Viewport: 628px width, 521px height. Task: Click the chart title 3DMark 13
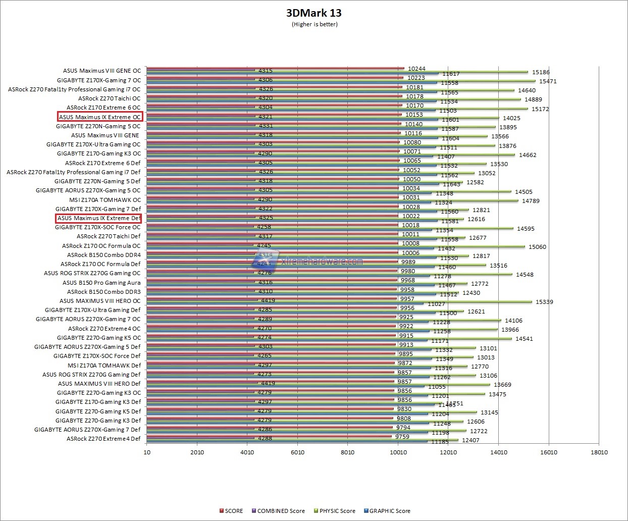click(x=314, y=13)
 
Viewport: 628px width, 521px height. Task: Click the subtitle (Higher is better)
click(x=315, y=24)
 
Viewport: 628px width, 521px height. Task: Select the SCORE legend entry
click(x=231, y=511)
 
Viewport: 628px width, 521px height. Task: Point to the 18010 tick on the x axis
click(x=599, y=452)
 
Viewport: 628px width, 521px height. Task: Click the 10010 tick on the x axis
click(x=398, y=452)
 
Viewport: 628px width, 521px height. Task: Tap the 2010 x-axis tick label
click(x=197, y=452)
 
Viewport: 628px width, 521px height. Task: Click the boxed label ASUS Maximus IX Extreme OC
click(x=100, y=117)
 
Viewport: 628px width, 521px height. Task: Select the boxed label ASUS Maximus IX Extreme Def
click(x=98, y=218)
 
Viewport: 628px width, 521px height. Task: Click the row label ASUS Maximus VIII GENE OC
click(x=102, y=71)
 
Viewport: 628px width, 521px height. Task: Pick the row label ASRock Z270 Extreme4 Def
click(x=103, y=439)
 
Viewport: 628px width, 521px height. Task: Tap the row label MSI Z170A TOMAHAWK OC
click(x=105, y=199)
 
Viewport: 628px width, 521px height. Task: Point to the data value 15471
click(x=548, y=81)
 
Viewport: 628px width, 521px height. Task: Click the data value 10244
click(x=416, y=69)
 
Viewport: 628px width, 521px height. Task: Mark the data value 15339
click(x=544, y=302)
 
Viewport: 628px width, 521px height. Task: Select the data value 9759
click(x=402, y=437)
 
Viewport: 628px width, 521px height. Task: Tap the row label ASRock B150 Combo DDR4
click(x=104, y=255)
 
